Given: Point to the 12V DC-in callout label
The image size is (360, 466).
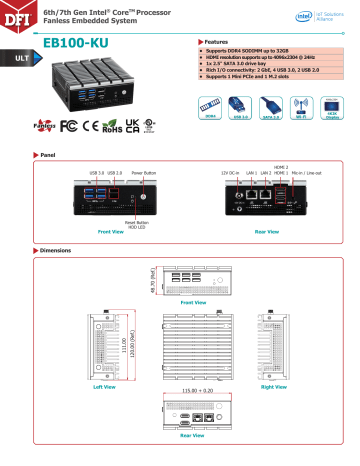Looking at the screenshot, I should click(x=233, y=174).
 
